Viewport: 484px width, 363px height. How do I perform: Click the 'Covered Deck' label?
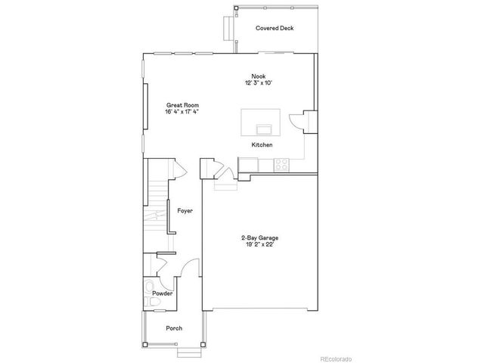(x=275, y=29)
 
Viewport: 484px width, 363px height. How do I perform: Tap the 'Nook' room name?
(x=258, y=75)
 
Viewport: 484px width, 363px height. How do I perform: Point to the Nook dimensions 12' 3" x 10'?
(x=258, y=82)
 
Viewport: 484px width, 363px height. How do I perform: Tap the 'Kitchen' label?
(x=262, y=144)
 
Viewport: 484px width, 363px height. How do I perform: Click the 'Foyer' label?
(x=185, y=212)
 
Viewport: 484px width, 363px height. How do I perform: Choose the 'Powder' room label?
(x=162, y=293)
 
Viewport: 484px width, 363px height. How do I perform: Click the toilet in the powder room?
(x=154, y=303)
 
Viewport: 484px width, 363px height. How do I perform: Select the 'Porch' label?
(x=174, y=329)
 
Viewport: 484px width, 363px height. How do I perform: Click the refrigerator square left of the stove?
(x=248, y=163)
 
